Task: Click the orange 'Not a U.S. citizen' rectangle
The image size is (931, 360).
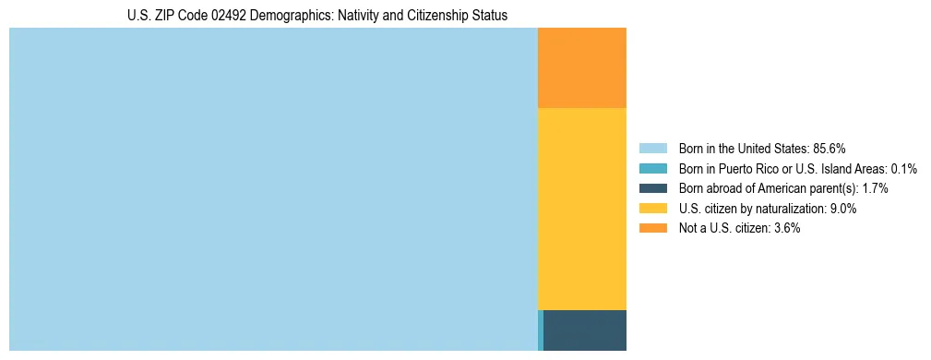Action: [581, 67]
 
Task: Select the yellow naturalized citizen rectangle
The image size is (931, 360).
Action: [581, 209]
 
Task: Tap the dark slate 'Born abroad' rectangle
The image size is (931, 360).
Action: [585, 330]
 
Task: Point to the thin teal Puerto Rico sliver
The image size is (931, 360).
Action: [541, 330]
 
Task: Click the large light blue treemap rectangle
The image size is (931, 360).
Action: [273, 189]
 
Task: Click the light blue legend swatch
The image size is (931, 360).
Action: [652, 148]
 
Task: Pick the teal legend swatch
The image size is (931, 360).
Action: [652, 168]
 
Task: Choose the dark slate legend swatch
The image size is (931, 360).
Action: [652, 188]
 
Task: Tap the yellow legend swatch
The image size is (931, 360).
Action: [652, 209]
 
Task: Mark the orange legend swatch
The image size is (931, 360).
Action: [652, 229]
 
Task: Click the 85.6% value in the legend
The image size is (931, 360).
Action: [830, 148]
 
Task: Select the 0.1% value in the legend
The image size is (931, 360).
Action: [903, 168]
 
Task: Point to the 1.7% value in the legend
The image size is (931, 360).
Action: [875, 188]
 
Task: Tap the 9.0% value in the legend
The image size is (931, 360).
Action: [843, 209]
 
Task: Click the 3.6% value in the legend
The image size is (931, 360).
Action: [787, 229]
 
